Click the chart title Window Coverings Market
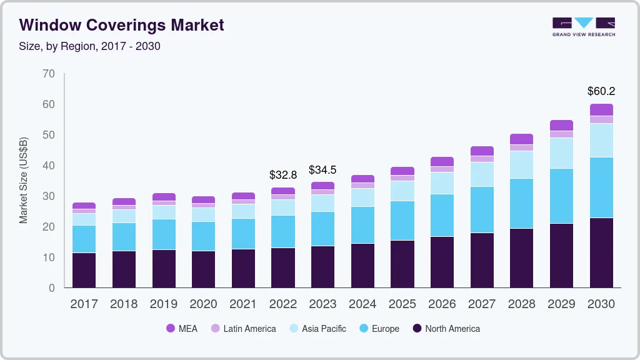(121, 25)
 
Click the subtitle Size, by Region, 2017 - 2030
(90, 46)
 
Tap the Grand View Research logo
(583, 26)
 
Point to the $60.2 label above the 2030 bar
(601, 91)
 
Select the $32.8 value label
(282, 175)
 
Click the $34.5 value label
(322, 170)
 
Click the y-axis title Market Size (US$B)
(24, 180)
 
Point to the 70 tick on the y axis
(49, 74)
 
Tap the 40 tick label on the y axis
(49, 166)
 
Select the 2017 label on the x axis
(84, 304)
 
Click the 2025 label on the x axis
(402, 304)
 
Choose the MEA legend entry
(182, 329)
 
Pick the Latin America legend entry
(243, 329)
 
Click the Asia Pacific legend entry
(317, 329)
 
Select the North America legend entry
(446, 329)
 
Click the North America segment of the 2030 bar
(601, 252)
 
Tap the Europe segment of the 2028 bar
(521, 203)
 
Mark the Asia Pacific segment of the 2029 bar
(561, 153)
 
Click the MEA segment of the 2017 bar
(84, 206)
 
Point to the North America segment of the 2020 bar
(203, 269)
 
